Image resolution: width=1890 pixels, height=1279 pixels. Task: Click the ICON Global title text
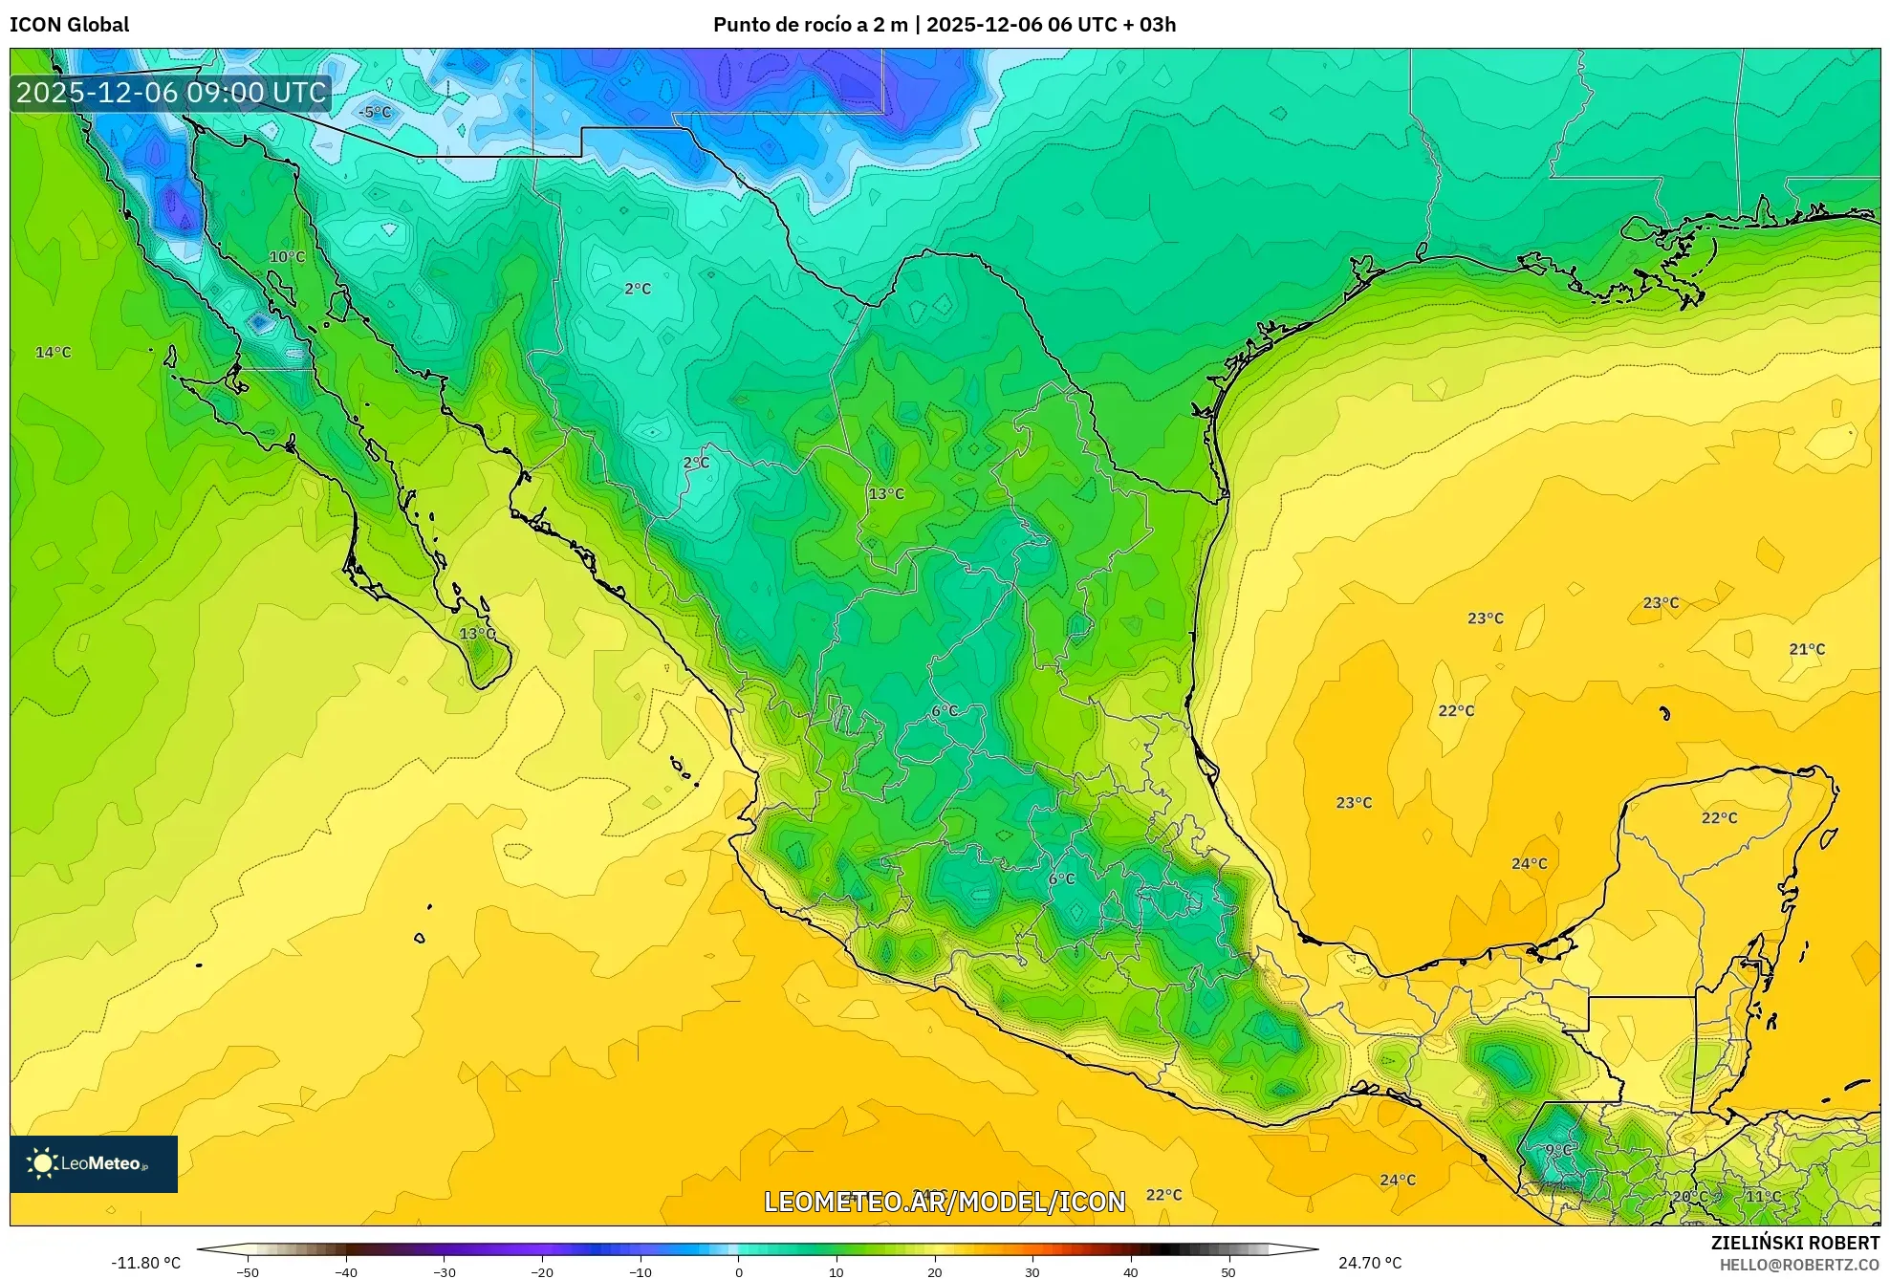[69, 25]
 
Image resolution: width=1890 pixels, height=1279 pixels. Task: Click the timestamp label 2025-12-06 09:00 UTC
[171, 93]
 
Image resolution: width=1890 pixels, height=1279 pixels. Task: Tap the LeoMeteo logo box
[94, 1163]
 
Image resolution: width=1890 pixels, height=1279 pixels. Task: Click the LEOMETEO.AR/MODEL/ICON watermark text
[945, 1202]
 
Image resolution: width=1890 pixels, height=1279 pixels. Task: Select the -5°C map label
[375, 112]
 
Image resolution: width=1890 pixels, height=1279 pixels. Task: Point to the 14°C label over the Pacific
[54, 352]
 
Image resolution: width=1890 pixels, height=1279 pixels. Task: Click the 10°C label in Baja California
[287, 256]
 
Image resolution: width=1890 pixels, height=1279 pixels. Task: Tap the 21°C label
[1807, 649]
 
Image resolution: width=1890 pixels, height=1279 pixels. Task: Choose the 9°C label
[1558, 1150]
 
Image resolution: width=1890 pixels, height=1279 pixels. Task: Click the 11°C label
[1764, 1196]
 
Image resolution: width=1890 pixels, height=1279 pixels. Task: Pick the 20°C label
[1689, 1196]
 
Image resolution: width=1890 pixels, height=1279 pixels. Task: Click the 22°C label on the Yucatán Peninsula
[1719, 817]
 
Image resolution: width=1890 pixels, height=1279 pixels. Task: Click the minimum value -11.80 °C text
[145, 1263]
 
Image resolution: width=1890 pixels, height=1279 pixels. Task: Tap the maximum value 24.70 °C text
[1370, 1263]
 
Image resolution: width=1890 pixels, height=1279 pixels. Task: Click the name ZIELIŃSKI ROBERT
[1794, 1243]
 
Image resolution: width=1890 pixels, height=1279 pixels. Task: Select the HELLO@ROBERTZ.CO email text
[1799, 1265]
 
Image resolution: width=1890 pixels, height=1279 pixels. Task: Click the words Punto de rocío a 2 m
[810, 25]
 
